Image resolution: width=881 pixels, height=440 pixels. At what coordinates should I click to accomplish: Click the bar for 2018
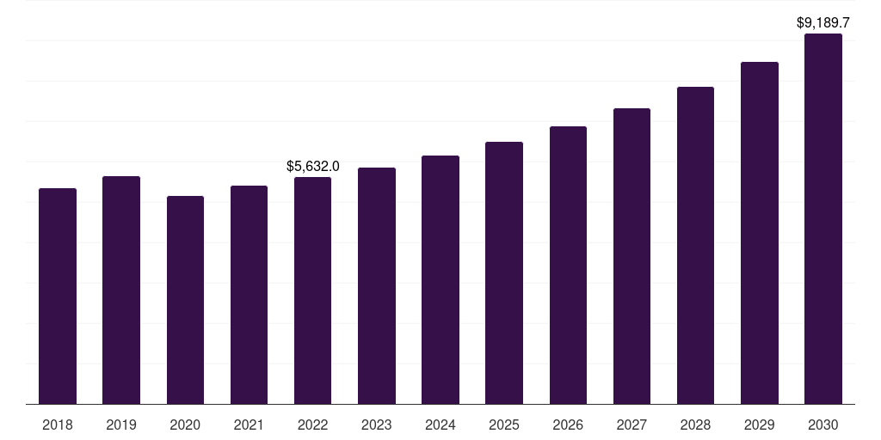(58, 296)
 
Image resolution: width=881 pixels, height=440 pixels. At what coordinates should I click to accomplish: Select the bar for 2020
(185, 300)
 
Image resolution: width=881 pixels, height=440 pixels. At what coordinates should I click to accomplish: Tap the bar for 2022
(312, 290)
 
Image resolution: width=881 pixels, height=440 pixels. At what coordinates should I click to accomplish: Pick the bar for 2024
(440, 280)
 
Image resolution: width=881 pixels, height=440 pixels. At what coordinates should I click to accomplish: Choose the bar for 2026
(568, 266)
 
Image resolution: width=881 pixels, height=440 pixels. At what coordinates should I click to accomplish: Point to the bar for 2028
(695, 246)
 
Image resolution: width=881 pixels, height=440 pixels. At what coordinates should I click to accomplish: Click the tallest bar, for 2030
(823, 219)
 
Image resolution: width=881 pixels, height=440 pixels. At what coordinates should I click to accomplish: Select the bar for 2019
(121, 290)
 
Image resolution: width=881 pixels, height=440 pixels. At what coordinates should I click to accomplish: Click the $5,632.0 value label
(313, 166)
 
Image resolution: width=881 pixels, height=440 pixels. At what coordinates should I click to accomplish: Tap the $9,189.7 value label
(823, 22)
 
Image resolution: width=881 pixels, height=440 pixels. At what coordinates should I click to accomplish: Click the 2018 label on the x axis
(58, 425)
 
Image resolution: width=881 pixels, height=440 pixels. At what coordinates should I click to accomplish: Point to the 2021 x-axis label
(249, 425)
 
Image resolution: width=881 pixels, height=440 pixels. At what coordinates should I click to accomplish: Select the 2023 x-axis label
(377, 425)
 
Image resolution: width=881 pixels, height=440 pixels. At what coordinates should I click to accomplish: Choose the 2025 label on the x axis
(504, 425)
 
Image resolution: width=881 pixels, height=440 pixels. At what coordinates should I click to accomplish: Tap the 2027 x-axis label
(631, 425)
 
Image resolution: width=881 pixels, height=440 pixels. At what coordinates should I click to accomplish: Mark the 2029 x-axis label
(760, 425)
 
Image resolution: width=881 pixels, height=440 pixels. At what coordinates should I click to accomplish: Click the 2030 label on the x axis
(823, 425)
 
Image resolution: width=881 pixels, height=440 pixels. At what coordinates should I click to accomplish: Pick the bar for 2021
(249, 296)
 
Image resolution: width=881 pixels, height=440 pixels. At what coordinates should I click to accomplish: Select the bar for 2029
(760, 233)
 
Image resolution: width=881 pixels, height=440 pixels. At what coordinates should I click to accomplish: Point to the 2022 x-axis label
(312, 425)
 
